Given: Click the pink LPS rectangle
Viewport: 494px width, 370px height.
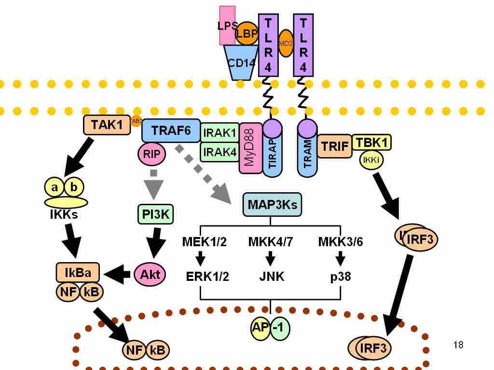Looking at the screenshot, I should (x=226, y=19).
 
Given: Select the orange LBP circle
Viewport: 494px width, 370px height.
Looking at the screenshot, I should (x=247, y=34).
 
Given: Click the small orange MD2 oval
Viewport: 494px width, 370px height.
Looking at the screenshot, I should (x=286, y=43).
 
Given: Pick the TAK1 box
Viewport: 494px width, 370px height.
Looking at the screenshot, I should (x=107, y=125).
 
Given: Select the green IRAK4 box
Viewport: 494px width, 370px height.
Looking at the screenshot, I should (x=220, y=152).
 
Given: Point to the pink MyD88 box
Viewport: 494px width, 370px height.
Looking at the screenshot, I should (x=250, y=148).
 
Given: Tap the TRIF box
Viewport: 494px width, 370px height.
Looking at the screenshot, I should (x=334, y=146).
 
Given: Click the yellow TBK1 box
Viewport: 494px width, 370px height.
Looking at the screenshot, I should (x=371, y=143).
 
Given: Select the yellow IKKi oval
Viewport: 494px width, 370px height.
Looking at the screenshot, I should (x=371, y=160).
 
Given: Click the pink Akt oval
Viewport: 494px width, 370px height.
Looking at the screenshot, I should (x=150, y=275).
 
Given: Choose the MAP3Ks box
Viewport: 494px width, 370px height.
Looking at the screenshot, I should (x=272, y=205).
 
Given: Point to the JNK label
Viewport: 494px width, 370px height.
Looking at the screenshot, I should (x=270, y=277).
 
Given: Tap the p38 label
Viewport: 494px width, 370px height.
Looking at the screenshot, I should (x=340, y=277).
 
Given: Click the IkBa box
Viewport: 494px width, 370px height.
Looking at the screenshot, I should (x=78, y=273).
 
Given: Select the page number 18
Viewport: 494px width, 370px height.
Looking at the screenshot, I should (x=458, y=345).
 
